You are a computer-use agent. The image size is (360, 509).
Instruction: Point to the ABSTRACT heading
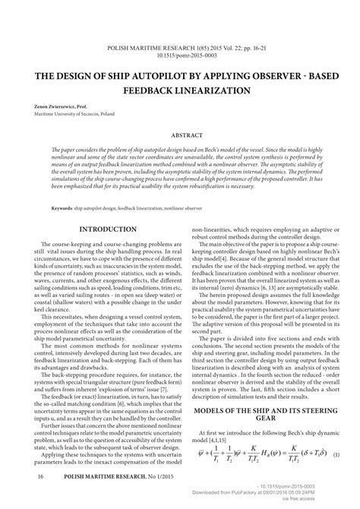click(180, 135)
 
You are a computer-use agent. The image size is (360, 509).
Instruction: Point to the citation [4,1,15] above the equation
click(223, 440)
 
